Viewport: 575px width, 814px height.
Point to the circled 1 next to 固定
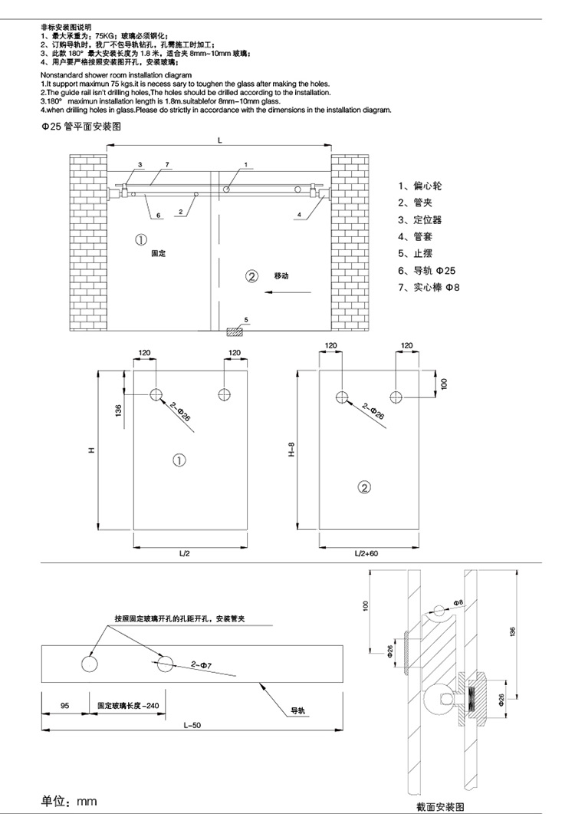(141, 239)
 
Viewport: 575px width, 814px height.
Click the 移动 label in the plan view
(283, 275)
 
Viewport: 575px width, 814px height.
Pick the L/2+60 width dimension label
(369, 553)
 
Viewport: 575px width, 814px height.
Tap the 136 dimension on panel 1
(117, 411)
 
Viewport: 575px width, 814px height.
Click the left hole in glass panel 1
(156, 394)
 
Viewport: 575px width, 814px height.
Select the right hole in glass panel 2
(396, 397)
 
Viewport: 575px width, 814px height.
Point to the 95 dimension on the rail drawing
(64, 704)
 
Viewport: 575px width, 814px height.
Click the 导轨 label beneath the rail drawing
(297, 711)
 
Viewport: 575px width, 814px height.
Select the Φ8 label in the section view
(458, 603)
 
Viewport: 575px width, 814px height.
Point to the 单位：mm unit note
(69, 800)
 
